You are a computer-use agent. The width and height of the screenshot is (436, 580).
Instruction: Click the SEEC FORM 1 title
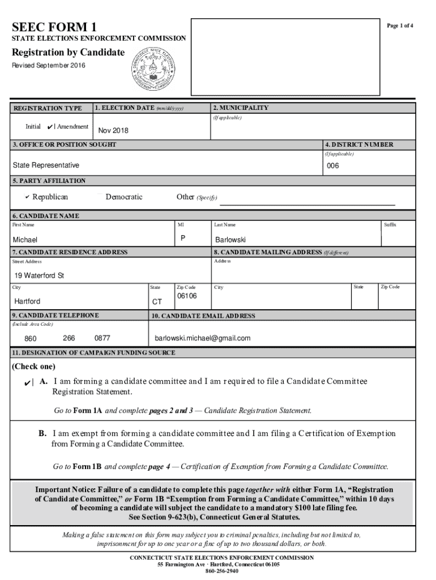[54, 27]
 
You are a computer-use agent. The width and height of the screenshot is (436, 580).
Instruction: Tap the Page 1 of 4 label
[400, 27]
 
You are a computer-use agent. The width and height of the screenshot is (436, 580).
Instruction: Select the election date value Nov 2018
[113, 131]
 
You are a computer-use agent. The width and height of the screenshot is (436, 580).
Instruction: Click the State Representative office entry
[46, 165]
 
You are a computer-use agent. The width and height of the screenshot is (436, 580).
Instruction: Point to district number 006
[333, 166]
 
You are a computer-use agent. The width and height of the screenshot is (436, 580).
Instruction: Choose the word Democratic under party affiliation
[123, 197]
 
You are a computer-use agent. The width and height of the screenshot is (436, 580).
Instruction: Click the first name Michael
[25, 240]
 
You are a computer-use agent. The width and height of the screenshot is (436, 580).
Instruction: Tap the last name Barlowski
[230, 240]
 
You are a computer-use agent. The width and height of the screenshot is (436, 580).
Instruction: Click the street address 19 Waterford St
[39, 276]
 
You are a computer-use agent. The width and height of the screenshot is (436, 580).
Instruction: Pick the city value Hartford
[27, 301]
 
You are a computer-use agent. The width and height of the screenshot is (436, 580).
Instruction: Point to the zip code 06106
[187, 296]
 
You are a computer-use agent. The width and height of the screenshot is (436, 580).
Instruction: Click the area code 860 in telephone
[31, 339]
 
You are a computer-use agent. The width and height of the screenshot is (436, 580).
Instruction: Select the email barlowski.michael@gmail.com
[203, 339]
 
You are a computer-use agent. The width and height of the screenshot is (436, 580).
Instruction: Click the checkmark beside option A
[27, 383]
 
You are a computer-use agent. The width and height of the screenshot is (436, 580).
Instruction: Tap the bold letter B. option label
[42, 434]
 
